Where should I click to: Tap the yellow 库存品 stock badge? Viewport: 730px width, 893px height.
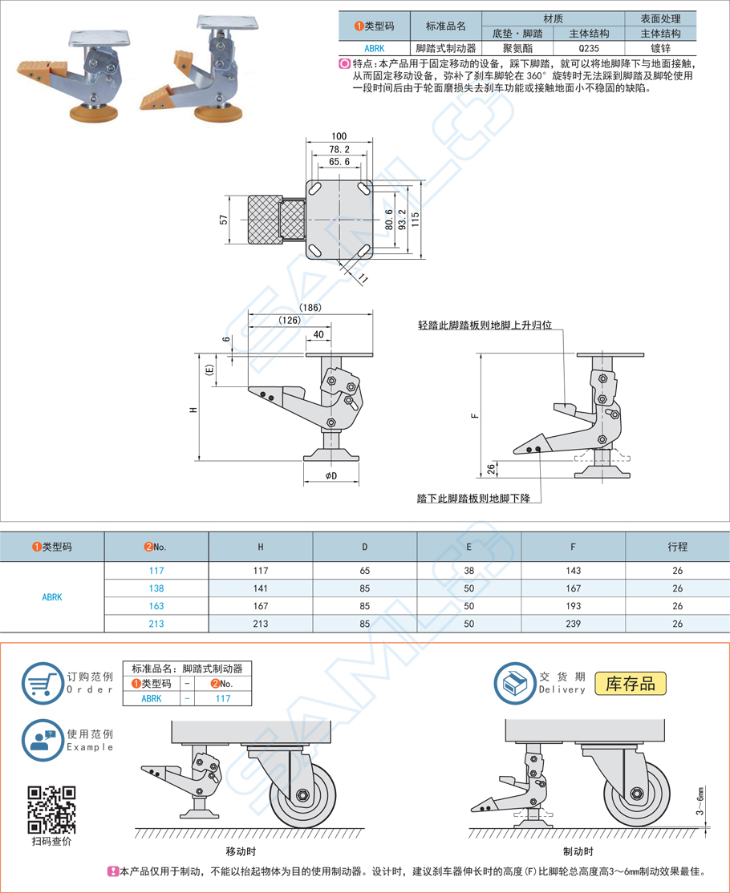631,683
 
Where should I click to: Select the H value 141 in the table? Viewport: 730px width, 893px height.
260,588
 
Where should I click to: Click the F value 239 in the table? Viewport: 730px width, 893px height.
573,624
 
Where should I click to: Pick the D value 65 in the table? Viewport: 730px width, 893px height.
364,571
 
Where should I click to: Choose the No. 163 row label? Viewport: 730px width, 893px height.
156,606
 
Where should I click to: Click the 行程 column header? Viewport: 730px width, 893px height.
677,547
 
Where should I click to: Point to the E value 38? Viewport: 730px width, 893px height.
468,571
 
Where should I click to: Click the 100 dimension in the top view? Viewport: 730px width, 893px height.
339,136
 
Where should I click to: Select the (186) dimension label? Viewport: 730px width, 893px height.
310,308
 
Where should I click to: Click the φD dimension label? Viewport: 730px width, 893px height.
331,476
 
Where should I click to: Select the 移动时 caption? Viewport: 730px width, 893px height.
241,851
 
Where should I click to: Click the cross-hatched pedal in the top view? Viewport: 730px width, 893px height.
264,220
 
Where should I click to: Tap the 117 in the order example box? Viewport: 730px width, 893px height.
222,698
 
